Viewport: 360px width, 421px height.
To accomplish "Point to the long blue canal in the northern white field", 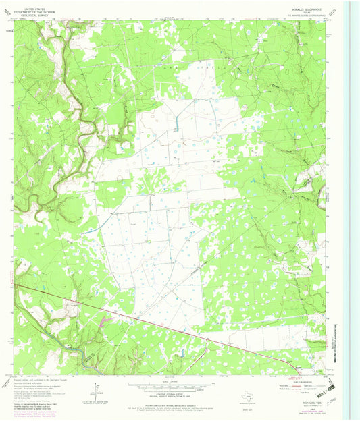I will pyautogui.click(x=176, y=121).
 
